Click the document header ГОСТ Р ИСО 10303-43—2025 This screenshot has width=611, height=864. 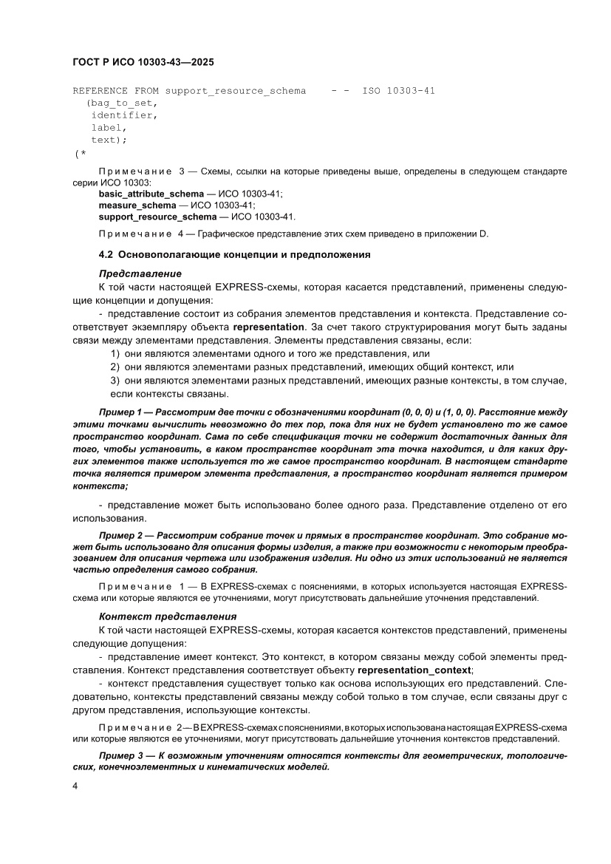[x=143, y=63]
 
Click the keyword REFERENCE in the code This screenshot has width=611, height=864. [x=100, y=91]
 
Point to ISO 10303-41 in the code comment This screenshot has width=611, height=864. [x=398, y=91]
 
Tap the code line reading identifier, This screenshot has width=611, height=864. [x=124, y=115]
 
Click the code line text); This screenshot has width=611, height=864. [x=109, y=139]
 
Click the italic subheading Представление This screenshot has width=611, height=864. [x=140, y=273]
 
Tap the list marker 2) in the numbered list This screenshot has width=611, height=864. [x=115, y=367]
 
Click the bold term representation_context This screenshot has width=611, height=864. [x=414, y=670]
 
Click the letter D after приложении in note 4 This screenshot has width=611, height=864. [x=485, y=235]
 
